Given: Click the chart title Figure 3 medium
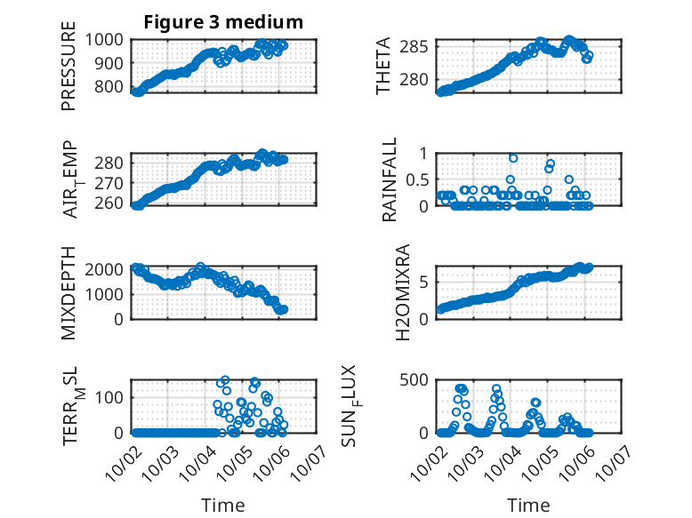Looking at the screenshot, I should [x=223, y=22].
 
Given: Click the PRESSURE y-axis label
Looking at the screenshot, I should [x=68, y=74].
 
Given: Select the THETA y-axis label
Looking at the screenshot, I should [x=383, y=67].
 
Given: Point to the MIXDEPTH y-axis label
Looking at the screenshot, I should [x=68, y=292].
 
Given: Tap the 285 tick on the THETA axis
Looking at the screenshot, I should [x=417, y=46].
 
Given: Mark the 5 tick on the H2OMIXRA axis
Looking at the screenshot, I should [x=427, y=283].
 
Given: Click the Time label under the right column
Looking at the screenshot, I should [x=528, y=506].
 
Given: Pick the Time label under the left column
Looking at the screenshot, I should [x=223, y=506].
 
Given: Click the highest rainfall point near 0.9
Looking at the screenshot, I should [x=513, y=158].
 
